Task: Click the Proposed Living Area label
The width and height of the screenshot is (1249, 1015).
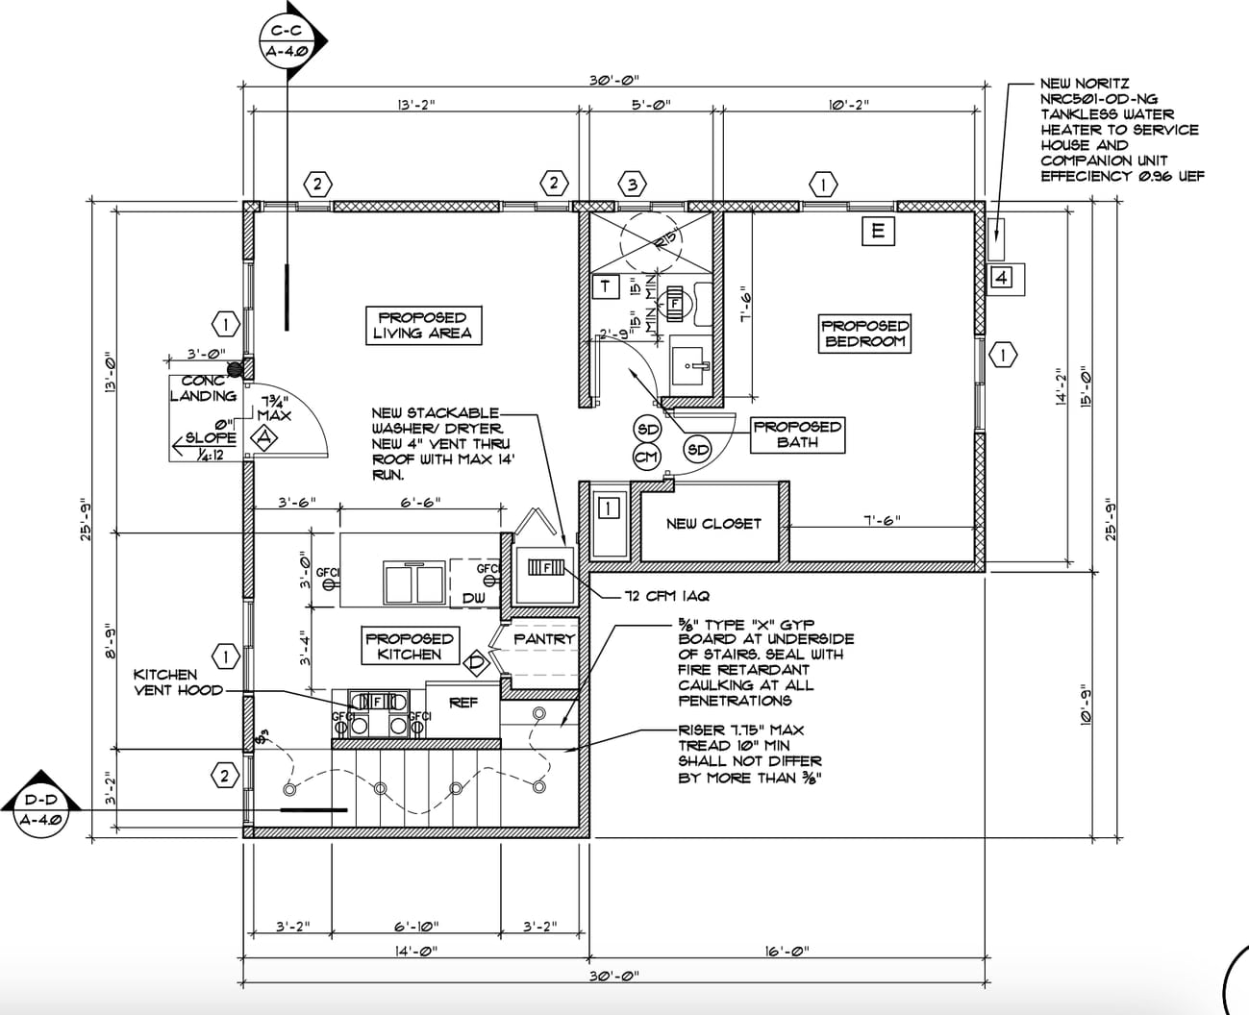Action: coord(422,325)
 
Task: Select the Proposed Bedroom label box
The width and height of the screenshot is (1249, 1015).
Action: coord(864,334)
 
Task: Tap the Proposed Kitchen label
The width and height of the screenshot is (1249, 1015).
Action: coord(409,646)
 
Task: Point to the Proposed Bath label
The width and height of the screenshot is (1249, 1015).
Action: coord(797,434)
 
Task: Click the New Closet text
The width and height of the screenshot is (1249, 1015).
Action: coord(712,524)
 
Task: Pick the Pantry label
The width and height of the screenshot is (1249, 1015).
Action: coord(543,638)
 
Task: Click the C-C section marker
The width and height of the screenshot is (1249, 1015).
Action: coord(288,39)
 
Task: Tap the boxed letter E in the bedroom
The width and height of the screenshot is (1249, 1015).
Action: coord(877,231)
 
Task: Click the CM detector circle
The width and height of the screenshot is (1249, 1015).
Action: coord(646,458)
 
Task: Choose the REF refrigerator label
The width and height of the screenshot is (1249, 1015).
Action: coord(463,703)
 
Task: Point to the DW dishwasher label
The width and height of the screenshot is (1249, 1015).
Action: coord(474,598)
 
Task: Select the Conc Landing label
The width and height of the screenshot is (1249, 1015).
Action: coord(202,388)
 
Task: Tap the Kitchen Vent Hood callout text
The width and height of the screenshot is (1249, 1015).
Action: coord(178,682)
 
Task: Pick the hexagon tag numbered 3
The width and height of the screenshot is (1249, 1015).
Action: coord(632,183)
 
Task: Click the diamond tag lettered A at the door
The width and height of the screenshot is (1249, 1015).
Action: coord(262,438)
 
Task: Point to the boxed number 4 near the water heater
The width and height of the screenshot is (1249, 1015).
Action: coord(1001,279)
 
